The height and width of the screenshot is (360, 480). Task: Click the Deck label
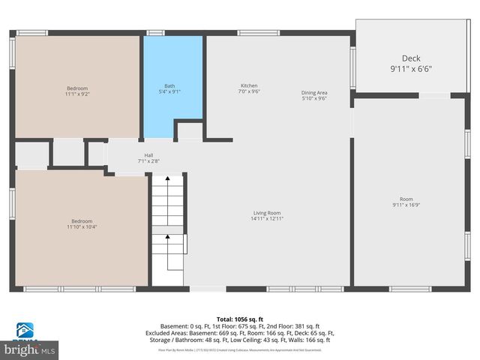(x=411, y=58)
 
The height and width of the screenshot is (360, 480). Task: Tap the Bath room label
(x=169, y=85)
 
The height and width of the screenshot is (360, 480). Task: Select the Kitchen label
(x=249, y=85)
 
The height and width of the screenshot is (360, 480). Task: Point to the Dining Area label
(x=314, y=93)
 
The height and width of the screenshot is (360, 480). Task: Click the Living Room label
(x=266, y=213)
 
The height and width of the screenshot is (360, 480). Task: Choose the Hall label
(x=148, y=155)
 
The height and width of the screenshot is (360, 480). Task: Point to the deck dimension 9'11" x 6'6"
(x=411, y=69)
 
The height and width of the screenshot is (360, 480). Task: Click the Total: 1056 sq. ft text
(x=239, y=319)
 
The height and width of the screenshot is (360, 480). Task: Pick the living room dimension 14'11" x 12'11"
(x=266, y=219)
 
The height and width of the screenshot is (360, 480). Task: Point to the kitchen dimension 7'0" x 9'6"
(x=249, y=91)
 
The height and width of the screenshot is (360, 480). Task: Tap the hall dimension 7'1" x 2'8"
(x=148, y=161)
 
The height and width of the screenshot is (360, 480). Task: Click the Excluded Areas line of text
(x=239, y=332)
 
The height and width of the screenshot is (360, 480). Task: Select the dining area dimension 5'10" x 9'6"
(x=314, y=99)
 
